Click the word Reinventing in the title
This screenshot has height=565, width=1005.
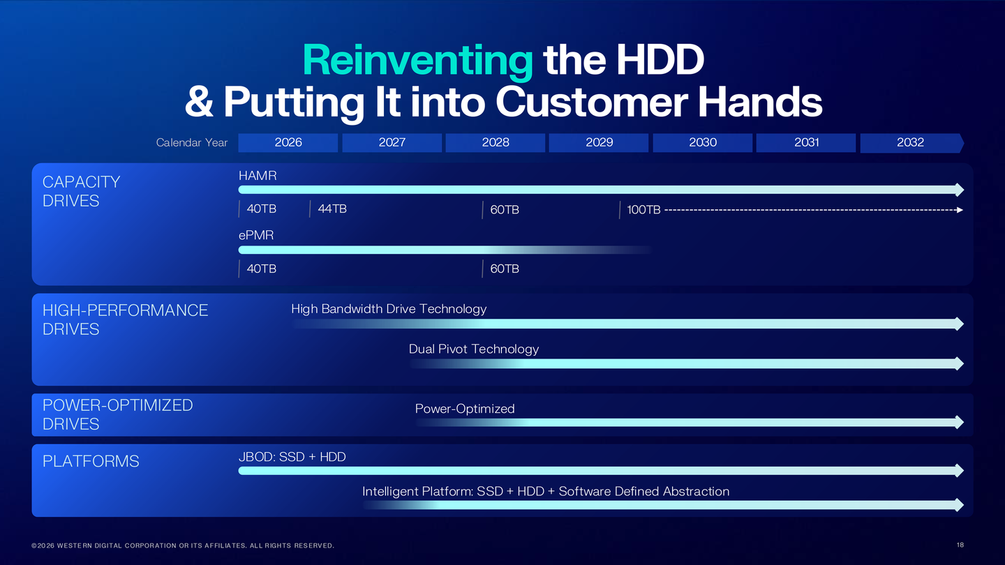point(417,60)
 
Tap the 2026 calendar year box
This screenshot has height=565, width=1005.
point(288,142)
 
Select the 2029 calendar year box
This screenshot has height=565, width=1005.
point(599,142)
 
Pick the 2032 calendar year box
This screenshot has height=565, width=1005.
point(910,142)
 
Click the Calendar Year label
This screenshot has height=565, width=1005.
point(192,142)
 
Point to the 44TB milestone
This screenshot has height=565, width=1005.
point(332,209)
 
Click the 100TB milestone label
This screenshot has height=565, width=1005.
point(643,210)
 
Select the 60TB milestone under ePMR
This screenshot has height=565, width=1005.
point(505,269)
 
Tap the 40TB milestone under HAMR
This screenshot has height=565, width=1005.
point(262,209)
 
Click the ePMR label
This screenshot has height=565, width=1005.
point(256,236)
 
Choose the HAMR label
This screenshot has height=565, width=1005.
point(258,176)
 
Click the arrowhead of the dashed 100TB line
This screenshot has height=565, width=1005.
point(960,210)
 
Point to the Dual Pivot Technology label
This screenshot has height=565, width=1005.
point(474,349)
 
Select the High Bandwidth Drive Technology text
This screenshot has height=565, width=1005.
point(389,309)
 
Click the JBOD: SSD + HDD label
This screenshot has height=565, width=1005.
point(292,457)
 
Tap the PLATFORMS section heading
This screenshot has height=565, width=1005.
point(91,461)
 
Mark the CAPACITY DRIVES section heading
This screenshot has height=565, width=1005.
point(81,191)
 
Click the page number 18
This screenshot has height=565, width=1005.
point(960,545)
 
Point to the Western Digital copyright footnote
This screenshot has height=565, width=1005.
point(183,545)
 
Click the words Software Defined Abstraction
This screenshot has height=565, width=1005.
point(644,492)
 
